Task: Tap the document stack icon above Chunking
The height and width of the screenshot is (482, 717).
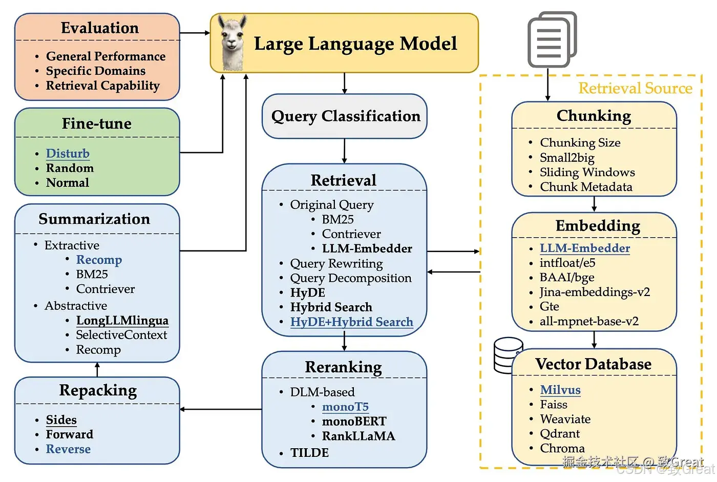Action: click(x=552, y=40)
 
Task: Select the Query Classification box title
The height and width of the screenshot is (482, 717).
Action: click(x=345, y=116)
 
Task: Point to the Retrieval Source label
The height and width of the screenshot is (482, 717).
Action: click(x=635, y=88)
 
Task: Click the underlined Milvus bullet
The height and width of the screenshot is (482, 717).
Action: click(x=560, y=390)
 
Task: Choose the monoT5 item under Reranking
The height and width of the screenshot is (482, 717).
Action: click(x=345, y=407)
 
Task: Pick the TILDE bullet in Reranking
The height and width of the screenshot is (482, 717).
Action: click(x=309, y=453)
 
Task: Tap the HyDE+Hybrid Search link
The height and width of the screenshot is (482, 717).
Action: click(x=351, y=322)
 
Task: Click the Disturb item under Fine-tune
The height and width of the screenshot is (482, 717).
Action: click(x=68, y=154)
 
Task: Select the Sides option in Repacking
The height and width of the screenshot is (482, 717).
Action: click(x=61, y=420)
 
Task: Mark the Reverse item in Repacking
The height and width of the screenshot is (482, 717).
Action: click(x=68, y=449)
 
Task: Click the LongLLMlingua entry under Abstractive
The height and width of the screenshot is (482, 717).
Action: click(x=122, y=321)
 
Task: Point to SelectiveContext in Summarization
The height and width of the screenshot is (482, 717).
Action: click(x=121, y=335)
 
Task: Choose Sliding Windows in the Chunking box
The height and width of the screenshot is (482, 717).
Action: click(x=587, y=172)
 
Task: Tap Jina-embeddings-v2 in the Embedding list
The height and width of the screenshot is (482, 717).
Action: click(x=594, y=292)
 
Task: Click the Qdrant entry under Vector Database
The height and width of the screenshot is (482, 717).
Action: click(x=560, y=434)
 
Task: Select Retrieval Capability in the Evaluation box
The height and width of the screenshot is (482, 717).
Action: click(x=102, y=86)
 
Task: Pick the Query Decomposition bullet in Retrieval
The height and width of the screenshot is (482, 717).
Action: click(x=350, y=278)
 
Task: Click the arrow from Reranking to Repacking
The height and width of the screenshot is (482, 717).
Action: click(x=221, y=409)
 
